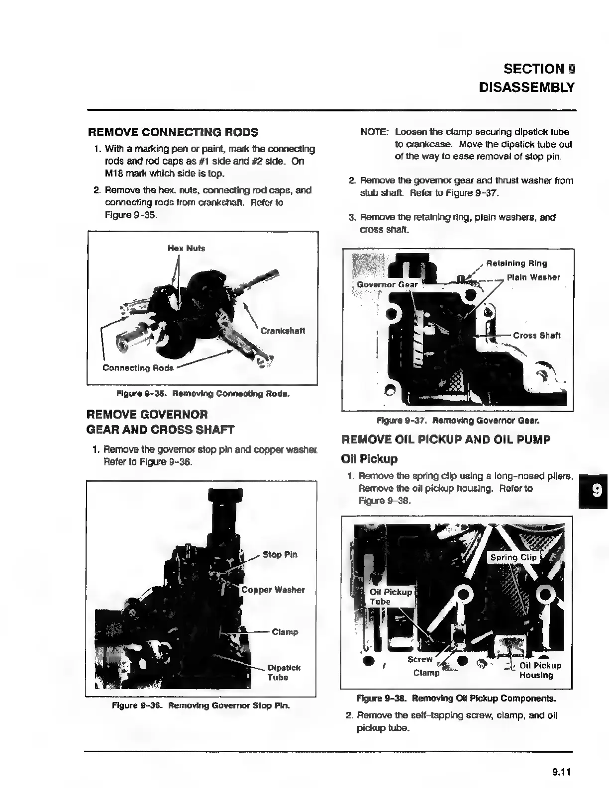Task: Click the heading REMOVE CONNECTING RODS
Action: (173, 132)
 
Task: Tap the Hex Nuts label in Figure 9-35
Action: (186, 248)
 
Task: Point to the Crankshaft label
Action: (283, 331)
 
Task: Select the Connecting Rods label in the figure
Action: (138, 368)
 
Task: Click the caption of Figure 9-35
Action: (203, 394)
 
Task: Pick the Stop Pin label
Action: (280, 554)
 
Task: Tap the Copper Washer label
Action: (273, 590)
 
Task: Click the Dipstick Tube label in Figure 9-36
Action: (284, 672)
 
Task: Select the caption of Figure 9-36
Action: (201, 705)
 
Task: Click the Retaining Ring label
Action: (516, 263)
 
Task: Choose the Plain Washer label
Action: (533, 277)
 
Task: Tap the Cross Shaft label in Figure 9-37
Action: (536, 336)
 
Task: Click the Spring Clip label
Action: (513, 557)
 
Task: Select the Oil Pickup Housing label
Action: (540, 670)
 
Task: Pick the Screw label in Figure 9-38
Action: (420, 659)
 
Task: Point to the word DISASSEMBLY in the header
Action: (526, 88)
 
